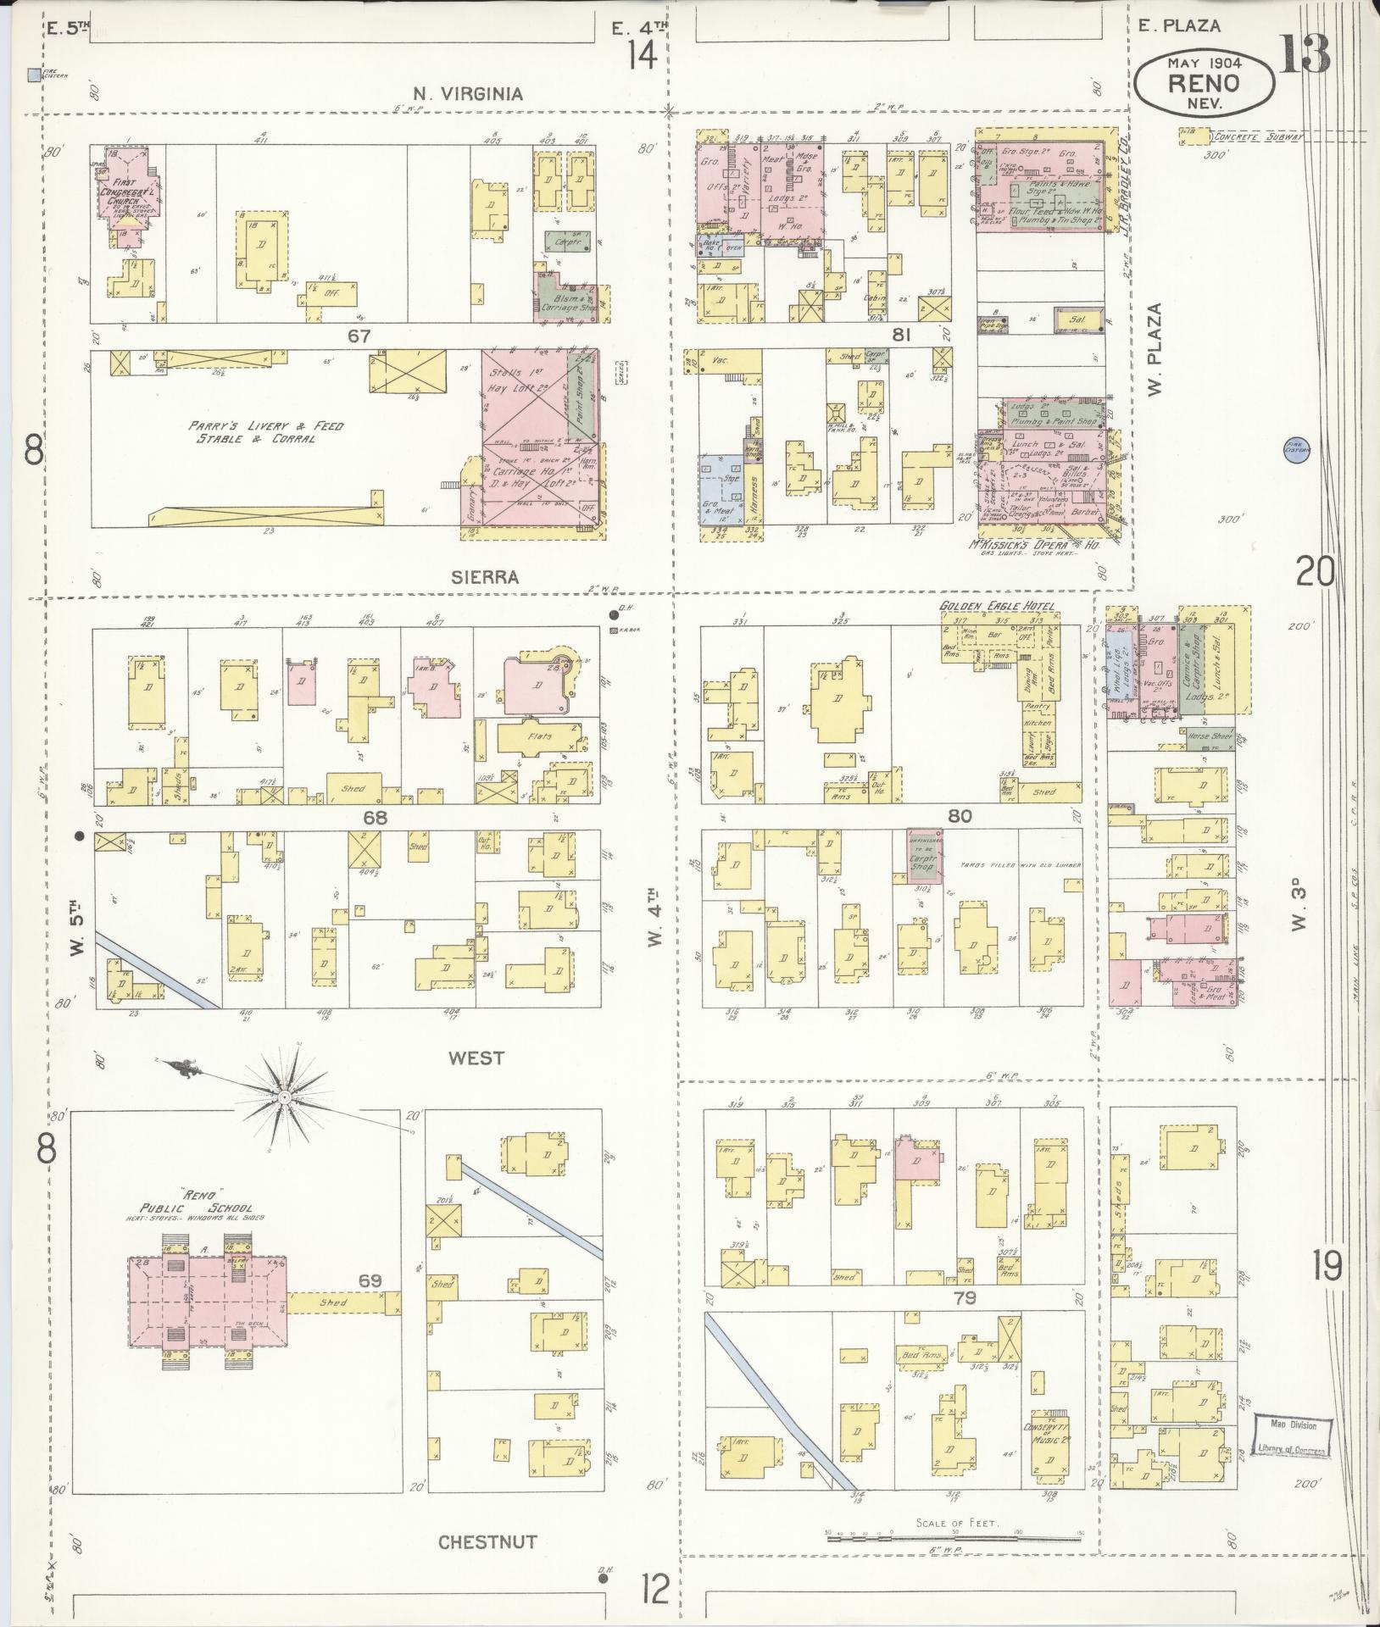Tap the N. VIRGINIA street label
(468, 94)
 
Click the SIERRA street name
(486, 577)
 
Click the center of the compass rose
(285, 1097)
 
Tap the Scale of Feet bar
(954, 1535)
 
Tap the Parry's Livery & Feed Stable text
(266, 431)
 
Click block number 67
(359, 336)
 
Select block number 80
(960, 817)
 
